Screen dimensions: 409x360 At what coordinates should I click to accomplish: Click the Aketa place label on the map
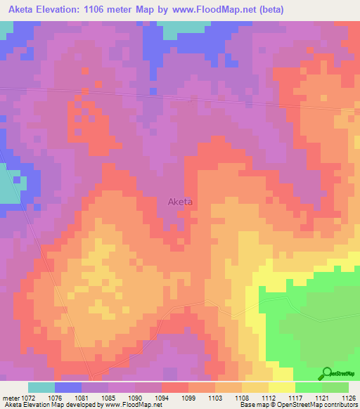pos(180,202)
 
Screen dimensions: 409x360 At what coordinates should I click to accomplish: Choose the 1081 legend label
pos(82,397)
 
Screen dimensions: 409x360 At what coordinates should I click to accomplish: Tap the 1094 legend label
pos(161,397)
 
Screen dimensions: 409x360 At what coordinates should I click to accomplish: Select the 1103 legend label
pos(214,397)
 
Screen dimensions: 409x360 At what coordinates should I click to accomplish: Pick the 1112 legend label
pos(267,397)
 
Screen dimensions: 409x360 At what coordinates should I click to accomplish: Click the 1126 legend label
pos(347,397)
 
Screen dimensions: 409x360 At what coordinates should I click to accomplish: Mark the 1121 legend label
pos(321,397)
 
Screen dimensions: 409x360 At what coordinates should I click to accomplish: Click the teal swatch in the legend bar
pos(41,387)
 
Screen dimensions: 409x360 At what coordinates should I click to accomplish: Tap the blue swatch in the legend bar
pos(68,387)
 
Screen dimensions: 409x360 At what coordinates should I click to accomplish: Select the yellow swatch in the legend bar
pos(281,387)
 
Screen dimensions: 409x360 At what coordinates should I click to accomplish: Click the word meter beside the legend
pos(11,397)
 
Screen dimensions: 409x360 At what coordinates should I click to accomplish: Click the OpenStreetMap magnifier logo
pos(326,373)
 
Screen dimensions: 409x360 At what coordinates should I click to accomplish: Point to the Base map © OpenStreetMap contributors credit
pos(297,405)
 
